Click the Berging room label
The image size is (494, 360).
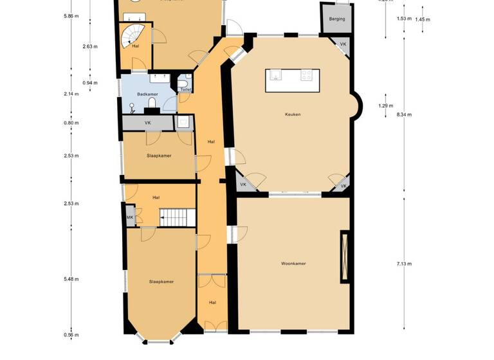(336, 19)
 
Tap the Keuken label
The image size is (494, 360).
(293, 114)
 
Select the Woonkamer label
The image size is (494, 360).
(293, 264)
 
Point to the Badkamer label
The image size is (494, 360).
(147, 94)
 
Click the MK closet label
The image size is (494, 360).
(130, 218)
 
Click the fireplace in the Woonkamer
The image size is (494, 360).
(345, 256)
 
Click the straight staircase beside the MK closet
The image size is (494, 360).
(176, 218)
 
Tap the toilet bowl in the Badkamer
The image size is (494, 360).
(152, 103)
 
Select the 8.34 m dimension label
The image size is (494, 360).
(404, 114)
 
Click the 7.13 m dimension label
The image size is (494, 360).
(404, 264)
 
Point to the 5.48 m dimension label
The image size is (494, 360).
(71, 279)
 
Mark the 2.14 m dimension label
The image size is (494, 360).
(71, 94)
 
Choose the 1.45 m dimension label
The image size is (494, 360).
(423, 19)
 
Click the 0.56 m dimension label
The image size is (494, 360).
(71, 335)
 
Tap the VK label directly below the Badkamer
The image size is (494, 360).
(147, 122)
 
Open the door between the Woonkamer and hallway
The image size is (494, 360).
(234, 234)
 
